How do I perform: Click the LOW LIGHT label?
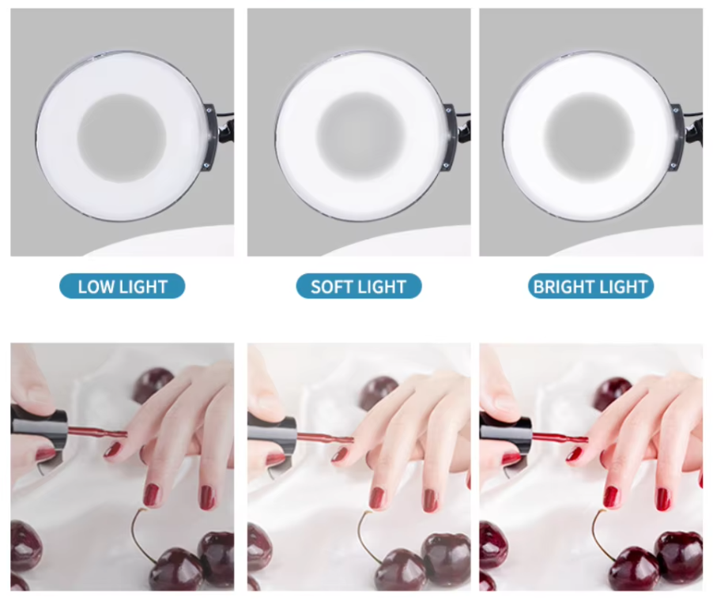[123, 286]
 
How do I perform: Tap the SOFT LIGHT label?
[359, 286]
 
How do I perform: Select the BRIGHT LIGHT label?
[590, 286]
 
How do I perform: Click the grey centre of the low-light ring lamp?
[122, 138]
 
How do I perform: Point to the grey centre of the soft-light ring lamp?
[360, 137]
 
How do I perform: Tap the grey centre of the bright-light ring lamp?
[590, 137]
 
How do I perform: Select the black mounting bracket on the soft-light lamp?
[451, 135]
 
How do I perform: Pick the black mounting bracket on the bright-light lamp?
[679, 135]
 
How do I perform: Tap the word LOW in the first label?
[96, 287]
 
